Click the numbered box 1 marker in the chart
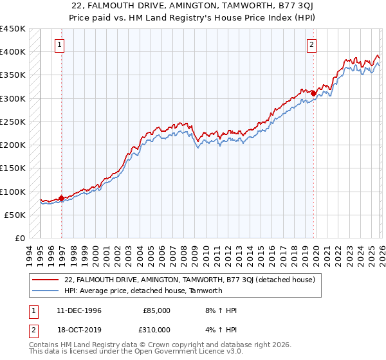60,45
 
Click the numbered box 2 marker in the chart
311,45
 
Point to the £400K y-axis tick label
13,52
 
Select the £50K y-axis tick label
15,215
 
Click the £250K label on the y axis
13,122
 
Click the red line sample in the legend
46,280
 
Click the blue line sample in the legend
46,291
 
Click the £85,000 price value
156,310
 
